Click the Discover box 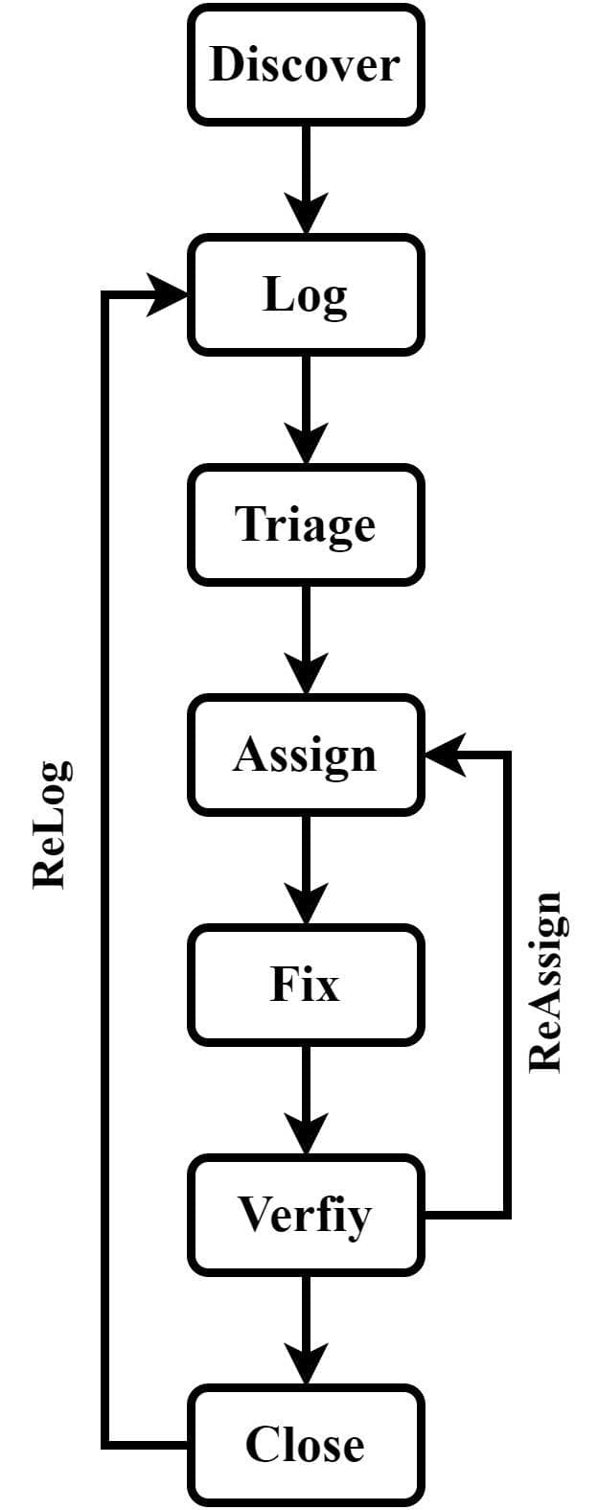[305, 64]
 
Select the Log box [305, 294]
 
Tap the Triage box [305, 524]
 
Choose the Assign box [305, 755]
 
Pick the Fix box [305, 985]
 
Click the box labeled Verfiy [305, 1215]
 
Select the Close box [305, 1445]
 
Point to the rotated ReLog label [50, 825]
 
